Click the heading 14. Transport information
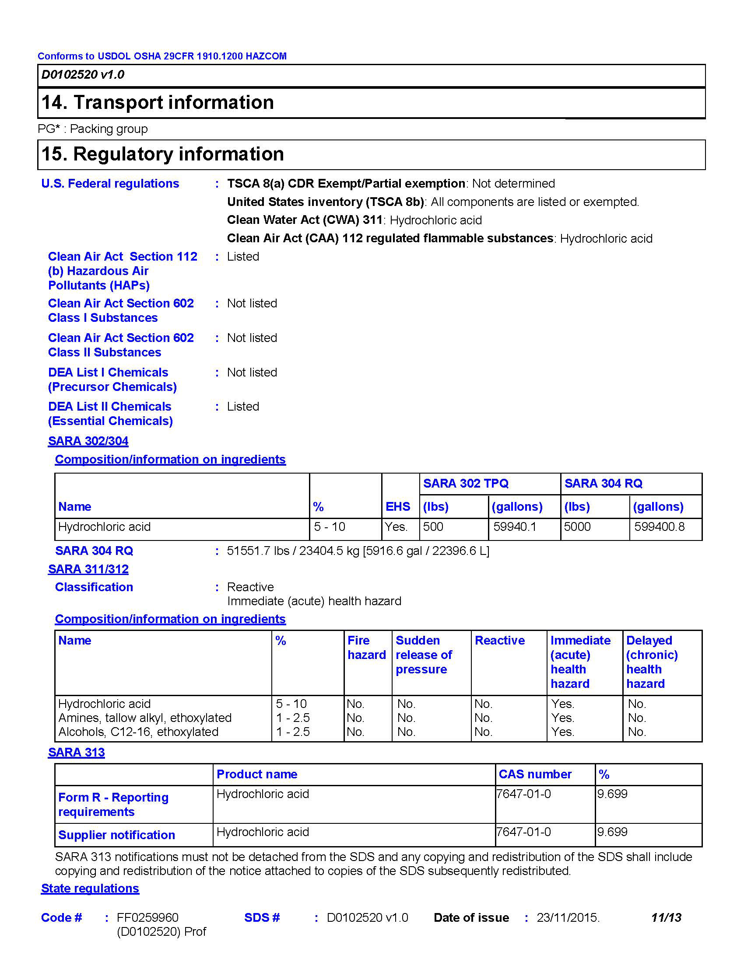tap(158, 103)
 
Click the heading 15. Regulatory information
tap(162, 154)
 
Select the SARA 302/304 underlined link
tap(88, 441)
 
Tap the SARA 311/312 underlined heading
tap(88, 569)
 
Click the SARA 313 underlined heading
tap(76, 753)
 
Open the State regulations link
tap(90, 889)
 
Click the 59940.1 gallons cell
tap(514, 527)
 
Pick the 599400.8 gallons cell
tap(659, 527)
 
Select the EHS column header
tap(397, 506)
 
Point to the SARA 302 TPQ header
tap(466, 484)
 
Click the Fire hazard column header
tap(366, 648)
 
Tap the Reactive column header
tap(499, 641)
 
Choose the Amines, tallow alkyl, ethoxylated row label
tap(144, 718)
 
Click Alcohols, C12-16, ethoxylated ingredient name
tap(138, 732)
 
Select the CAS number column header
tap(535, 774)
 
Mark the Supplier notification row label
tap(116, 835)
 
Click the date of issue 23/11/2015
tap(568, 917)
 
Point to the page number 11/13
tap(666, 917)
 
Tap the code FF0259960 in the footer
tap(147, 917)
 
